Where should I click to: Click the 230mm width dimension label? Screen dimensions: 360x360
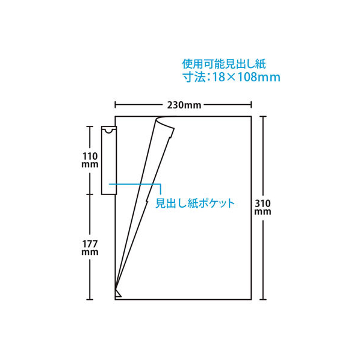[x=184, y=105]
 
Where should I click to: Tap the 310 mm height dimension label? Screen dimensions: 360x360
[x=262, y=208]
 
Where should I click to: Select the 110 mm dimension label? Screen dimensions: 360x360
[x=90, y=160]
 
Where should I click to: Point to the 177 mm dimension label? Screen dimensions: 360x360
[x=90, y=248]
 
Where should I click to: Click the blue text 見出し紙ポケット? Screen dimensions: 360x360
[x=195, y=203]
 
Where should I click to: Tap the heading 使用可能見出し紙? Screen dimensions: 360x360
[x=224, y=64]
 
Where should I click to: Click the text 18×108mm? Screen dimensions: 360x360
[x=246, y=77]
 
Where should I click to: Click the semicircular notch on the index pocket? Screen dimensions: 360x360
[x=109, y=131]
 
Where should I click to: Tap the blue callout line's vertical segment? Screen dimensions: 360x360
[x=161, y=189]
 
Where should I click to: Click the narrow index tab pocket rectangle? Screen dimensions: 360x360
[x=109, y=160]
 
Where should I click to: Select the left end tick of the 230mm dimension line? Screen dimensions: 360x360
[x=115, y=105]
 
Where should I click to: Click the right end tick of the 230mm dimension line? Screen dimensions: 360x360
[x=251, y=105]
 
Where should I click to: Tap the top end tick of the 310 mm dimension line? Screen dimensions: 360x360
[x=262, y=116]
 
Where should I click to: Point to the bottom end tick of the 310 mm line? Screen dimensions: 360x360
[x=262, y=299]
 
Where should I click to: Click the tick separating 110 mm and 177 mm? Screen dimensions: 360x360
[x=90, y=194]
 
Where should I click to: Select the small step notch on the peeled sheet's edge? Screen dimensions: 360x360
[x=170, y=137]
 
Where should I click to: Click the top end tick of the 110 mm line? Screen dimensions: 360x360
[x=90, y=126]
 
